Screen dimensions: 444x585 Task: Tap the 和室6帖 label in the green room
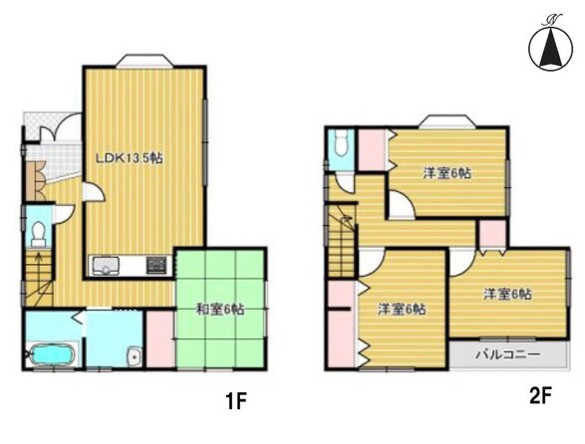tap(220, 309)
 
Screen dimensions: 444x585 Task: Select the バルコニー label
tap(507, 354)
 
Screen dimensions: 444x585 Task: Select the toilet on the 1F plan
tap(39, 231)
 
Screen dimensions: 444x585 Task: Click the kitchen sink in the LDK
tap(106, 266)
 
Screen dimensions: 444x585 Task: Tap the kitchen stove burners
tap(157, 266)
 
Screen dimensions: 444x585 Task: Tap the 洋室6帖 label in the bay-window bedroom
tap(446, 172)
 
